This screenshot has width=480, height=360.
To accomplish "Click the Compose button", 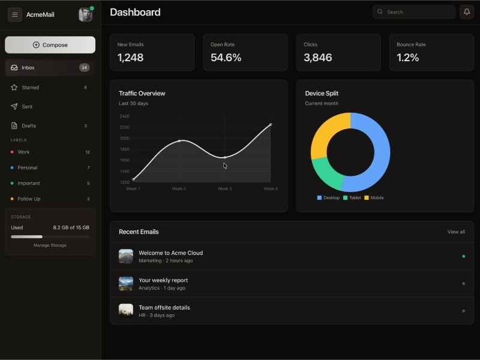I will coord(50,45).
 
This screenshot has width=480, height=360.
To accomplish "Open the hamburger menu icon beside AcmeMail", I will coord(15,14).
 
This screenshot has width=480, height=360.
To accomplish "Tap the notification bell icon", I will coord(466,12).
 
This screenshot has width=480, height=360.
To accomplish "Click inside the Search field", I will coord(414,12).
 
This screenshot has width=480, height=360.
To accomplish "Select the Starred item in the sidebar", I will coord(30,88).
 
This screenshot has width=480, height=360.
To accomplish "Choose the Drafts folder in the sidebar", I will coord(29,126).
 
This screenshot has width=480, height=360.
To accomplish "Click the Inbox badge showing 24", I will coord(84,68).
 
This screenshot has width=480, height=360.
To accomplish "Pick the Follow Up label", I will coord(29,199).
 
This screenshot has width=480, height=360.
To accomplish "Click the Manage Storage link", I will coord(50,245).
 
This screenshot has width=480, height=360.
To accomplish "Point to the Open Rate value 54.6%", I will coord(226,58).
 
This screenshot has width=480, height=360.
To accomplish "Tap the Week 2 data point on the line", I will coord(179,141).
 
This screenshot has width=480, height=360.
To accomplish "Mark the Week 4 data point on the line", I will coord(271,125).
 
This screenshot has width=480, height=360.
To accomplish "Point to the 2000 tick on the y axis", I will coord(124,139).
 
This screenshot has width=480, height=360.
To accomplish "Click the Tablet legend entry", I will coord(352,198).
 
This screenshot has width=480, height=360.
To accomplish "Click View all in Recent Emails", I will coord(456,232).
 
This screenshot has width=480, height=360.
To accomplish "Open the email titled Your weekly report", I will coord(163,280).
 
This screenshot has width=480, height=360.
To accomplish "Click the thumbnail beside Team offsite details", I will coord(126,310).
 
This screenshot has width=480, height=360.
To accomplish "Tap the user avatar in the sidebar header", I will coord(85,15).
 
